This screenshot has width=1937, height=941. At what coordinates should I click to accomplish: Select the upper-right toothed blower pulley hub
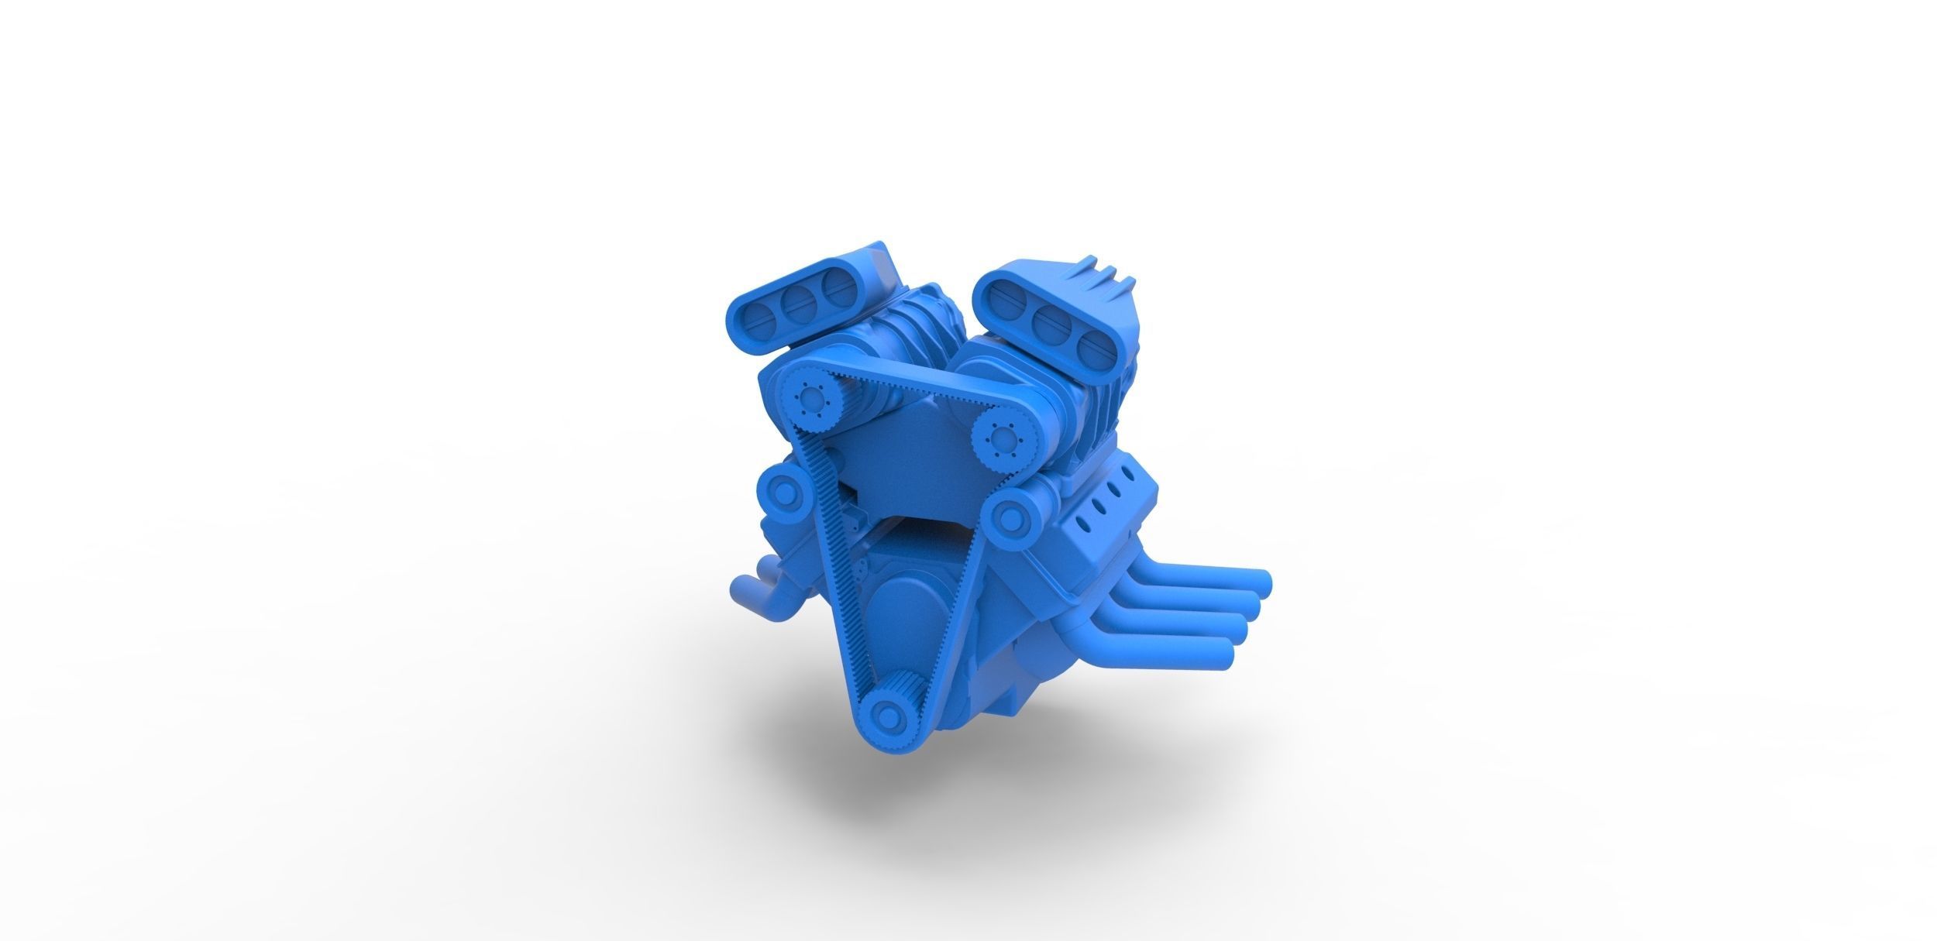click(x=996, y=439)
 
